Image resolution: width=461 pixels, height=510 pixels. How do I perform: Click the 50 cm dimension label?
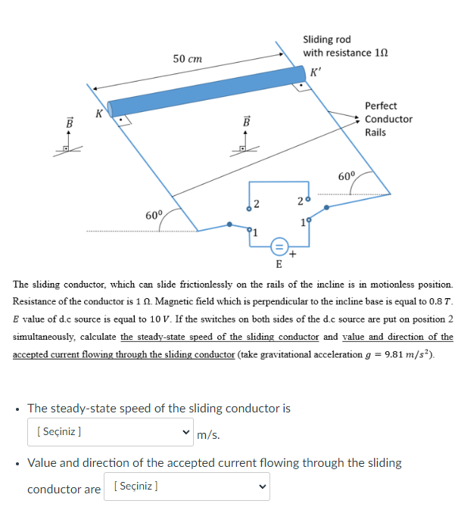click(187, 58)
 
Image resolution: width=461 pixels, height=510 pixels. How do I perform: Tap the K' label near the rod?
click(316, 73)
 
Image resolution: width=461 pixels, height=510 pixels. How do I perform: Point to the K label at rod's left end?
click(98, 114)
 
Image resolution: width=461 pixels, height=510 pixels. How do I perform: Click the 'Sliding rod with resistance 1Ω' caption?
click(336, 46)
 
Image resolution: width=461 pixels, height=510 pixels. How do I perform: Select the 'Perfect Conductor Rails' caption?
click(388, 119)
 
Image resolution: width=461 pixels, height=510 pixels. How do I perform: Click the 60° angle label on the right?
click(347, 176)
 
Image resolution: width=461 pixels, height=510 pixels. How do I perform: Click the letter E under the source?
click(279, 264)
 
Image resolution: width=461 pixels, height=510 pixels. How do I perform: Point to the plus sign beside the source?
click(293, 255)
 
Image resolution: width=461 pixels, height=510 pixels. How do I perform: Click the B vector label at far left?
click(70, 122)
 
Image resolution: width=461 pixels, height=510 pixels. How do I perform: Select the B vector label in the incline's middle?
click(245, 121)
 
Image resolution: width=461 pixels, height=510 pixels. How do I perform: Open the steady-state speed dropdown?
click(111, 433)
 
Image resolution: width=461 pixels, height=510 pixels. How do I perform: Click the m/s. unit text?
click(208, 434)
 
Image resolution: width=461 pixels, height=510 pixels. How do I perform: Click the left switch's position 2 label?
click(257, 203)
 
